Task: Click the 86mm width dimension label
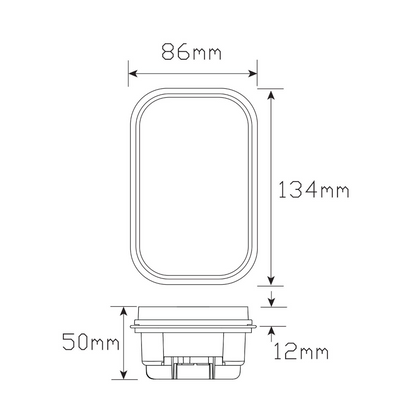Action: tap(191, 52)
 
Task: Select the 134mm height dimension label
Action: tap(314, 190)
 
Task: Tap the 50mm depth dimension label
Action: tap(91, 341)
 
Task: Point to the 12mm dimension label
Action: tap(301, 351)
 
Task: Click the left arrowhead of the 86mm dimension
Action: tap(133, 74)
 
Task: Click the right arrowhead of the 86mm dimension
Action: tap(252, 74)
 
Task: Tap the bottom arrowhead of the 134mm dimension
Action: tap(271, 280)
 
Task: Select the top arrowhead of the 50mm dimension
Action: tap(124, 312)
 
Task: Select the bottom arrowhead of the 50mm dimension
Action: tap(124, 374)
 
